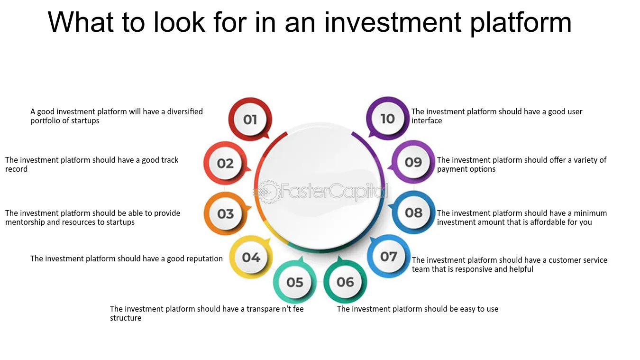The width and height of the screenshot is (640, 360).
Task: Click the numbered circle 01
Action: [250, 119]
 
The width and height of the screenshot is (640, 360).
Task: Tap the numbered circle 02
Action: [225, 163]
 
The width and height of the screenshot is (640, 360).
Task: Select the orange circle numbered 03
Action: [226, 213]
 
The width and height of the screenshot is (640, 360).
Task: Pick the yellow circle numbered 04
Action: [251, 257]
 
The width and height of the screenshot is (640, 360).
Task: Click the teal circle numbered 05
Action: [294, 282]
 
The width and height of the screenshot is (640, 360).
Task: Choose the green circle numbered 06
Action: [345, 282]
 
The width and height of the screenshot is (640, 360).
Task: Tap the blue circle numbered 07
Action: [389, 256]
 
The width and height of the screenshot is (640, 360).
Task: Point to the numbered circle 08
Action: [413, 212]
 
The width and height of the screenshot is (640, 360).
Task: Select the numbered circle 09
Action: [413, 162]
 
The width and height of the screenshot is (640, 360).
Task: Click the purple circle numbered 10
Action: [388, 119]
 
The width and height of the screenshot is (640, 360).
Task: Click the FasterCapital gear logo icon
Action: [268, 192]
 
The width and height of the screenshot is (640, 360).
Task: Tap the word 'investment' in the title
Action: [393, 22]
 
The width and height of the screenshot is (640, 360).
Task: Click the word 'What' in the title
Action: [81, 22]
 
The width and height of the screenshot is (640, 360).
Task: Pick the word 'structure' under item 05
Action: [126, 318]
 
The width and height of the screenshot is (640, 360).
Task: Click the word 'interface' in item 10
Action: [427, 120]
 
